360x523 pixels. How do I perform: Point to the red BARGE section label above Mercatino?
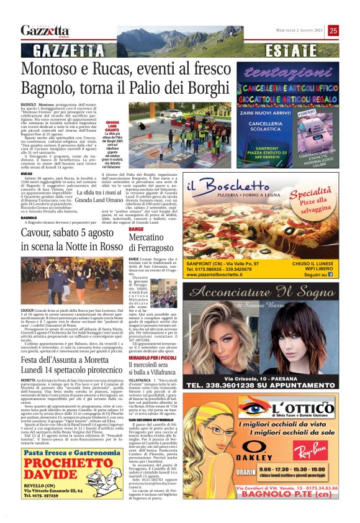click(x=136, y=229)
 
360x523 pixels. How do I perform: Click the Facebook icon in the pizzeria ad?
click(x=343, y=274)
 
